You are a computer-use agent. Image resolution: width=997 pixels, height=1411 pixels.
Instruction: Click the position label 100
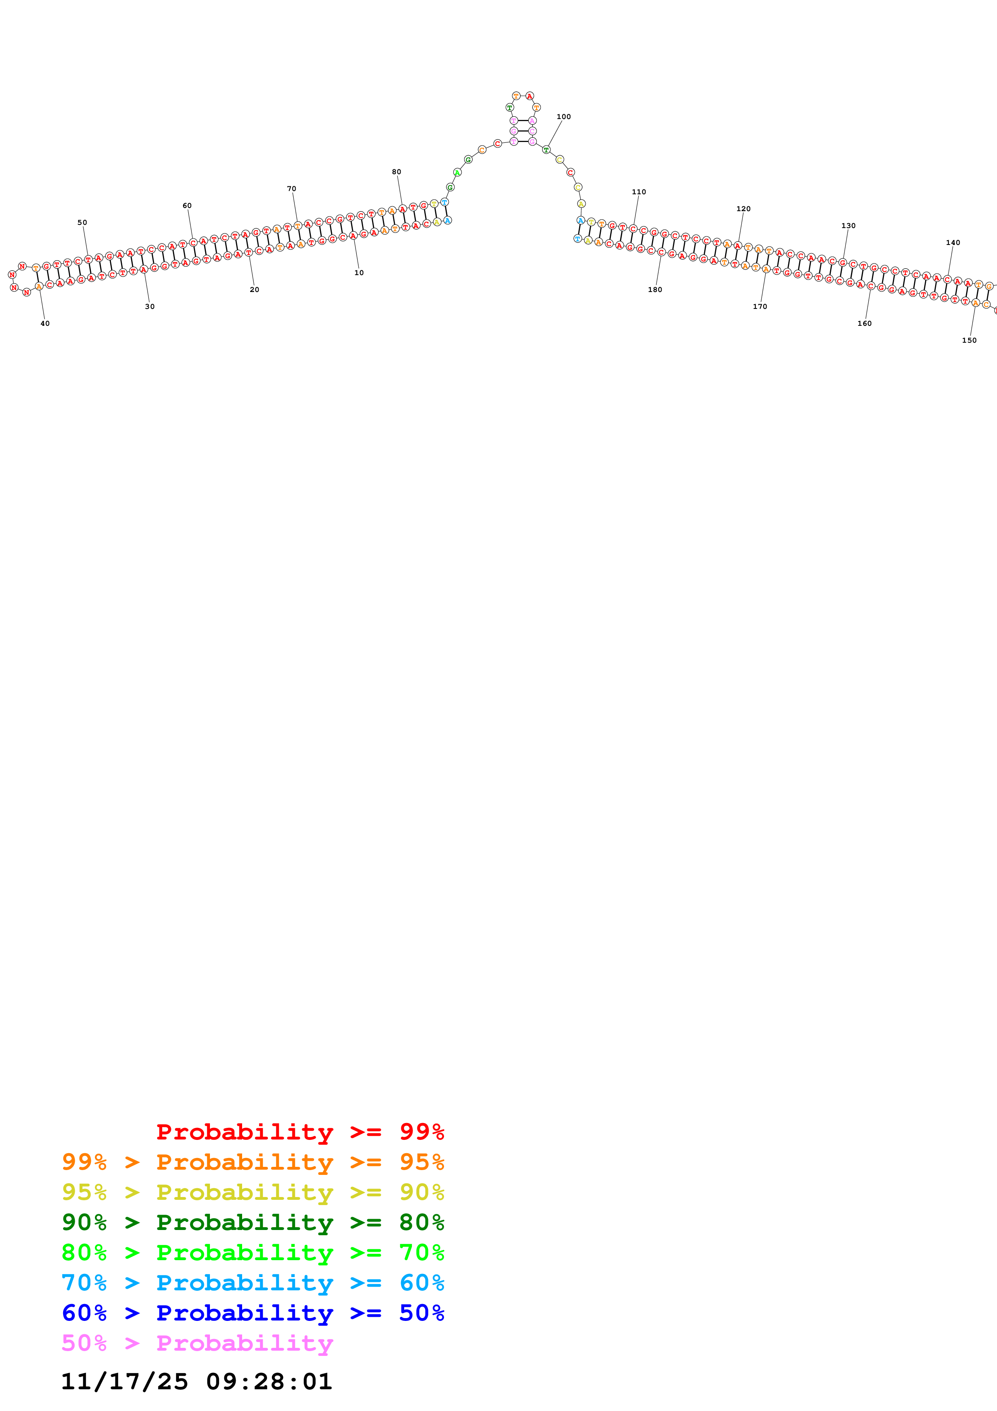tap(563, 117)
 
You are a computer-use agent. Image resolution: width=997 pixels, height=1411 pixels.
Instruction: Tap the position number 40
tap(45, 323)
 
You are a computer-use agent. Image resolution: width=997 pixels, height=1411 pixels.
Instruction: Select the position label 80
tap(396, 172)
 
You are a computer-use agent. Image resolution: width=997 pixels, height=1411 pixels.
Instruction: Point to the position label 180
tap(655, 290)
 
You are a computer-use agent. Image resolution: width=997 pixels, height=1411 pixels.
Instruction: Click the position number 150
tap(969, 340)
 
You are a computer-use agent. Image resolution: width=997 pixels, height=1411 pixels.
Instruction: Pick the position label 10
tap(359, 273)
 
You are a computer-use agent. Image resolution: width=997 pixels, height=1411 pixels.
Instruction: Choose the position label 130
tap(848, 226)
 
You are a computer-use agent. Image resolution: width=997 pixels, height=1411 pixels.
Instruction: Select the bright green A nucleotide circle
tap(457, 173)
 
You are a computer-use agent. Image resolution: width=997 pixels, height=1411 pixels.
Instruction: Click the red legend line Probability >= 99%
tap(300, 1131)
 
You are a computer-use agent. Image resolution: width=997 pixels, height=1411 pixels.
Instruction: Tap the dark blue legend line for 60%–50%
tap(253, 1313)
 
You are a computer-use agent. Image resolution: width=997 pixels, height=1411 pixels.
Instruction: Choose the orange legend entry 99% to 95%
tap(253, 1162)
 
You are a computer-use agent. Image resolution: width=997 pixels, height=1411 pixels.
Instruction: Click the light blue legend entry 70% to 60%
tap(253, 1283)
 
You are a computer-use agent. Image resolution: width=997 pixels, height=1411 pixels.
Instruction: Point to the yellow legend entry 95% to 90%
tap(253, 1192)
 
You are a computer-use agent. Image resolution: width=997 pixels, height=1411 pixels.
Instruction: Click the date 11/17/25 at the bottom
tap(124, 1382)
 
